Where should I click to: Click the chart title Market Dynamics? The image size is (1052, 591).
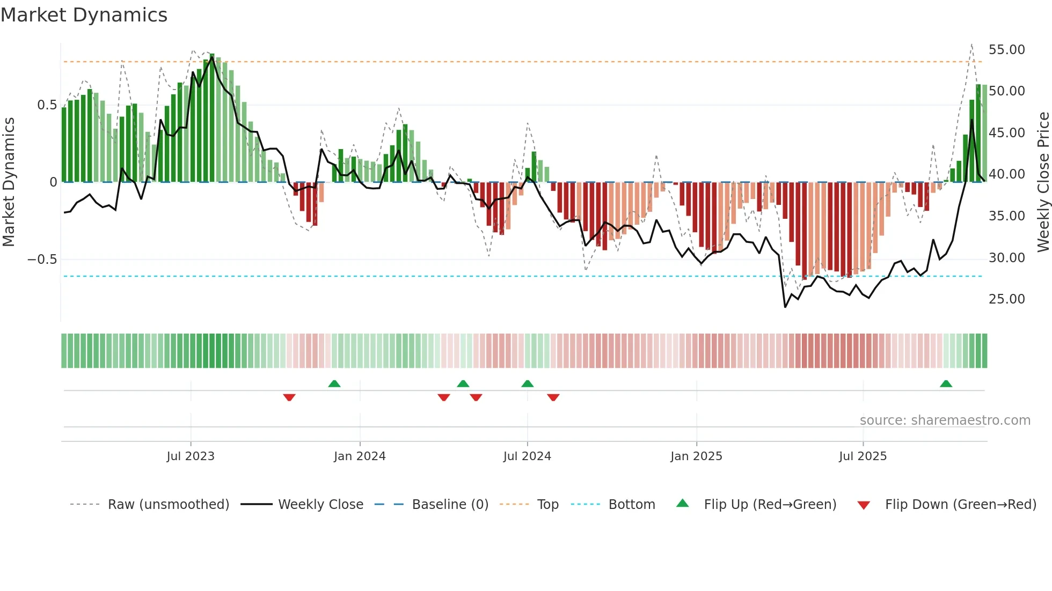[84, 15]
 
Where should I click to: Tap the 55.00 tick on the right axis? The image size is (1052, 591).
[1006, 50]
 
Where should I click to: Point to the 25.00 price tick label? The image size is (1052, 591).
[1006, 299]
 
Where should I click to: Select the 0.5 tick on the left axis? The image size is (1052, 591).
[47, 105]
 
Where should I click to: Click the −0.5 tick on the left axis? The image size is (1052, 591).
[42, 260]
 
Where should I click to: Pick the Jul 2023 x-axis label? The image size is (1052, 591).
[191, 456]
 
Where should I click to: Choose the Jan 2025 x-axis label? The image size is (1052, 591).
[696, 456]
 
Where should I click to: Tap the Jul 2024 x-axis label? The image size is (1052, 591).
[527, 456]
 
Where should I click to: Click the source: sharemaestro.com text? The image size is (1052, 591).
[945, 420]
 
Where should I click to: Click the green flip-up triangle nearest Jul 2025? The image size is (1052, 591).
[946, 383]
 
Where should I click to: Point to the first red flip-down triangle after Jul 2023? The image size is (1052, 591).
[289, 397]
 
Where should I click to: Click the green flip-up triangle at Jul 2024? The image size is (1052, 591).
[527, 383]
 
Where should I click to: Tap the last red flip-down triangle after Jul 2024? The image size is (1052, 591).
[553, 397]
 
